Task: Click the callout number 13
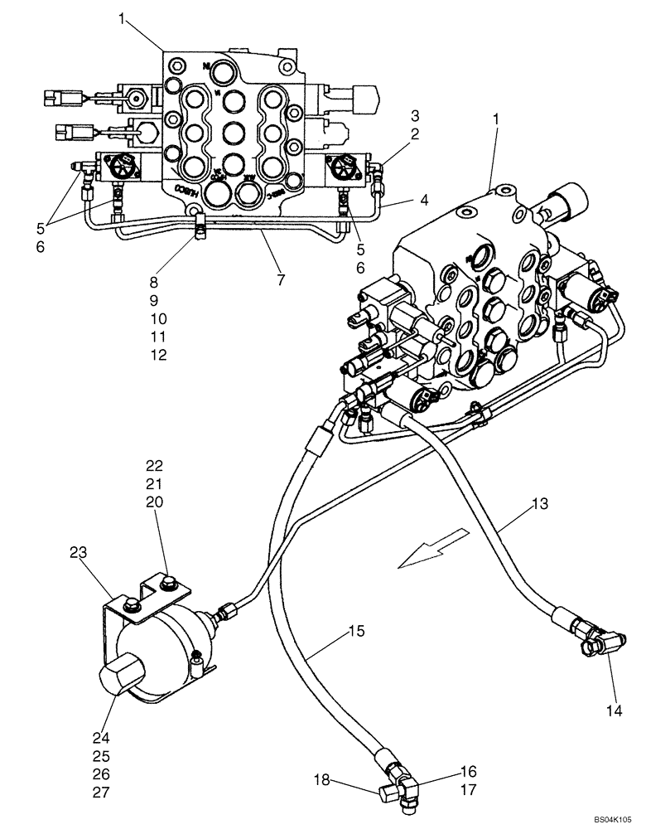coord(538,503)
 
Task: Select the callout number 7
coord(281,280)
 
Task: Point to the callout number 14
coord(614,710)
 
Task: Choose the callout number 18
coord(321,779)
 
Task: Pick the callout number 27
coord(101,792)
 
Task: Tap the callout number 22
coord(155,466)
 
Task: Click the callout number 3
coord(415,114)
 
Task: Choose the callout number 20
coord(155,502)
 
